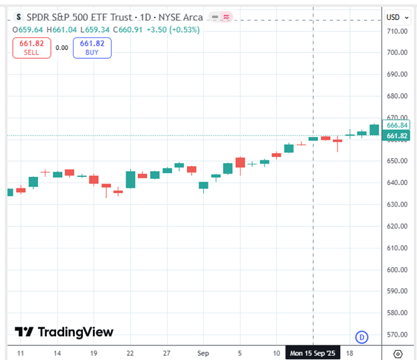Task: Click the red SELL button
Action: (x=31, y=47)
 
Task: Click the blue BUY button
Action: (x=93, y=47)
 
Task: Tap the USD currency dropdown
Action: (x=396, y=17)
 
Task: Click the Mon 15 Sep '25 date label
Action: (x=313, y=353)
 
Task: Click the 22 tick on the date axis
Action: (x=130, y=353)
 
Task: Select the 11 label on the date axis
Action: (x=21, y=353)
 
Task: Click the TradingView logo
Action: (x=64, y=332)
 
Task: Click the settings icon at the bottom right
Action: (x=398, y=353)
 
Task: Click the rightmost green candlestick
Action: (x=374, y=129)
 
